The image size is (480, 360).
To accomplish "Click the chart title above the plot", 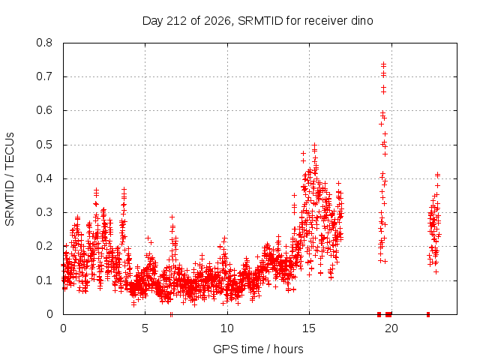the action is tap(258, 21).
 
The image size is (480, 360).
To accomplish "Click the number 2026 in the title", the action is tap(217, 21).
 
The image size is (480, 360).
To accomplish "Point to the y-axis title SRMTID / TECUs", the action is tap(10, 179).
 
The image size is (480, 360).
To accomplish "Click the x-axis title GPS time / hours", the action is tap(258, 349).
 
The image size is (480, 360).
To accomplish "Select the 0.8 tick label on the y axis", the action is tap(44, 43).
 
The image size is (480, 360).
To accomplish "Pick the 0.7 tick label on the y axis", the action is tap(44, 76).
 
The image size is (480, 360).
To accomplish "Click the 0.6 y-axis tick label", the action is tap(44, 110).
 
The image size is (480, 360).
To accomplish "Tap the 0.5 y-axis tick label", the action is tap(44, 145).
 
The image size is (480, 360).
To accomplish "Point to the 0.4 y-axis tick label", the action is tap(44, 178).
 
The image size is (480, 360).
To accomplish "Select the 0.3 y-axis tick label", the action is tap(44, 212).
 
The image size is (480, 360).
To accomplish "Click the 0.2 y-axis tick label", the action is tap(44, 247).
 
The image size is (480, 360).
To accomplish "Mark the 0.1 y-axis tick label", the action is tap(44, 280).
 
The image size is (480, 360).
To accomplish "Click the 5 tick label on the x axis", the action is tap(145, 328).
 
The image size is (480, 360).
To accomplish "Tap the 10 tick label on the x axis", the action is tap(227, 328).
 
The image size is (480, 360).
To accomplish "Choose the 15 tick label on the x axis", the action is tap(309, 328).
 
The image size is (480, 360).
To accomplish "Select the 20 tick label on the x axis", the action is tap(391, 328).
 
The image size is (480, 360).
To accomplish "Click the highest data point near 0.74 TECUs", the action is tap(383, 64).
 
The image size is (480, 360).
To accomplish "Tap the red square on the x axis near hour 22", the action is tap(428, 314).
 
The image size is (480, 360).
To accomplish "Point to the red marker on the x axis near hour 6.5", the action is tap(171, 314).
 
